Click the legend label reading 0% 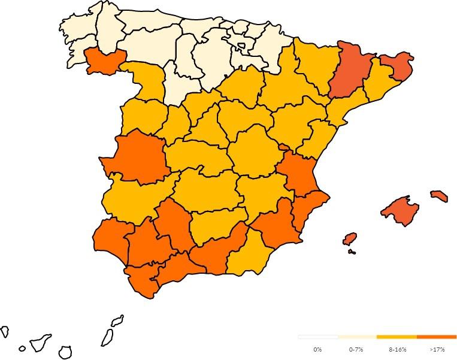317,349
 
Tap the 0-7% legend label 356,349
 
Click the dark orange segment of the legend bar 436,337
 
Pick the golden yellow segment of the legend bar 397,337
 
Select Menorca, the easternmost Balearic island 439,196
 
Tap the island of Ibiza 350,239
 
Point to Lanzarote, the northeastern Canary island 117,320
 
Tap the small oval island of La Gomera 22,348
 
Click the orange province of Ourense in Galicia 105,60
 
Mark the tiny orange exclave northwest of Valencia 283,146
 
